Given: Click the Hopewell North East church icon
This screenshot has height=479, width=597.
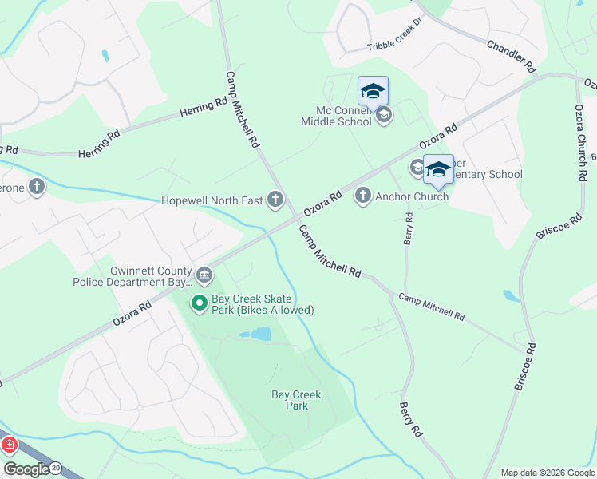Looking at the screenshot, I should tap(275, 200).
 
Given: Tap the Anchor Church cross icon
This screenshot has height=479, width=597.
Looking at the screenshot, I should tap(363, 196).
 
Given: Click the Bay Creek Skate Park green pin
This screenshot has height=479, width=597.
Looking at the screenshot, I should tap(199, 303).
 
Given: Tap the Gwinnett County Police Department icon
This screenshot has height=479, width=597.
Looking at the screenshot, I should tap(204, 276).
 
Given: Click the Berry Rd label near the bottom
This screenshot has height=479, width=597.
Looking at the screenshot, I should tap(409, 420).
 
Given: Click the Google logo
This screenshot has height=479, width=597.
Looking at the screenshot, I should tap(26, 470).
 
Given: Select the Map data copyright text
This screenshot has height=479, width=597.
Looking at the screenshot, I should tap(548, 473).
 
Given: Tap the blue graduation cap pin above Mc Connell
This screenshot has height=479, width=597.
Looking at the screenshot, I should tap(373, 92).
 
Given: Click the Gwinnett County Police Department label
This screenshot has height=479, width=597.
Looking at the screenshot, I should tap(132, 276).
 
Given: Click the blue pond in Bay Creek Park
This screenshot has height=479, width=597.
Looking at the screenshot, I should tap(260, 335).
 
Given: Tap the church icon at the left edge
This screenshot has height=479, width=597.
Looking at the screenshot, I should tap(36, 187).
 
